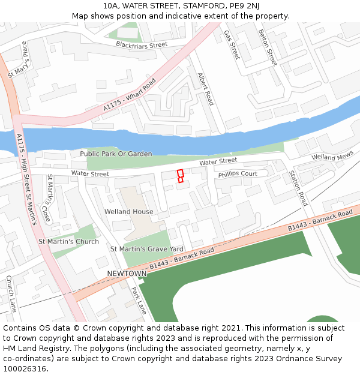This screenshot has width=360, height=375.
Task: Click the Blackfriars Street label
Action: [x=142, y=45]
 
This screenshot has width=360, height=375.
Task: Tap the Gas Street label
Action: [x=231, y=44]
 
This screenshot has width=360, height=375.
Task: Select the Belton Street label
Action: [x=268, y=47]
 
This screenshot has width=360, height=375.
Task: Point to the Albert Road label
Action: [x=206, y=89]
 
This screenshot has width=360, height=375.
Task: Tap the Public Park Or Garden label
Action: [x=116, y=154]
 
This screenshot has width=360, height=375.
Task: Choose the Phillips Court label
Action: [x=238, y=174]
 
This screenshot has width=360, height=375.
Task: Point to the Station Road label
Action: [x=298, y=188]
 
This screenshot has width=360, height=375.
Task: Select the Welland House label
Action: [x=128, y=212]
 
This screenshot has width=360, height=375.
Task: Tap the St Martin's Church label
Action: [x=68, y=242]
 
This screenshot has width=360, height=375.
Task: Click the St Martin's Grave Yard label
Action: [x=146, y=248]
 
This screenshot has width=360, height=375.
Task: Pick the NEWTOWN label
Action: [x=127, y=274]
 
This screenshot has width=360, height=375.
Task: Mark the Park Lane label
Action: [x=139, y=301]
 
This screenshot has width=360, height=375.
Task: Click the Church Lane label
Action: [x=11, y=294]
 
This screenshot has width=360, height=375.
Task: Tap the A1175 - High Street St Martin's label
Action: [x=26, y=179]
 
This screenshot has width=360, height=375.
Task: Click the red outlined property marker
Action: [x=180, y=176]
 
